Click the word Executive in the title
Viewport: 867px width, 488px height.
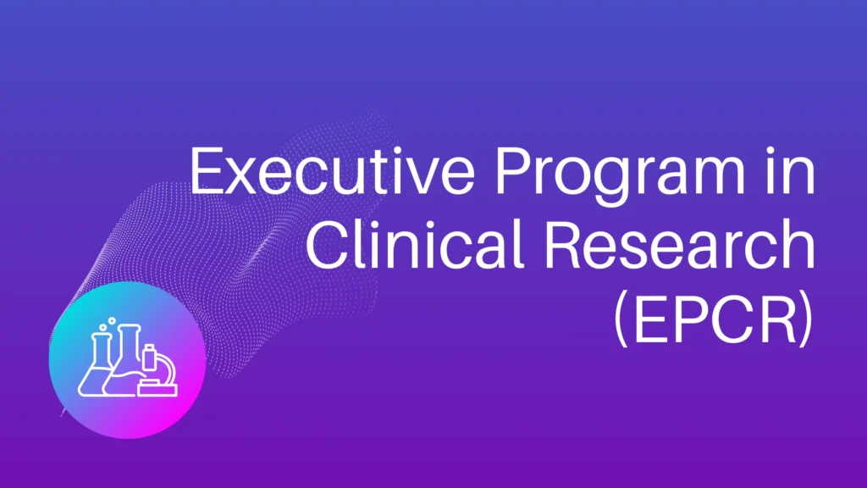[x=332, y=171]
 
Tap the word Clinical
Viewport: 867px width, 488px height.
[x=413, y=244]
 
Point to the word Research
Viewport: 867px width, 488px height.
[x=680, y=244]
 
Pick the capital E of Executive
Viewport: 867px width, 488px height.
[x=207, y=171]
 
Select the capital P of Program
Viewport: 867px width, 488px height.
[x=512, y=171]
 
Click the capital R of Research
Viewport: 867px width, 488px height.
[x=564, y=244]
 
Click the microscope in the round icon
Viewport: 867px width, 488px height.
[x=158, y=371]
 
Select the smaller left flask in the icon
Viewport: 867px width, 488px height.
[x=97, y=364]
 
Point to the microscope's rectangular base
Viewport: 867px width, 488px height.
[x=157, y=390]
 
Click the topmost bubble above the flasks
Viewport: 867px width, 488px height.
[x=112, y=320]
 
